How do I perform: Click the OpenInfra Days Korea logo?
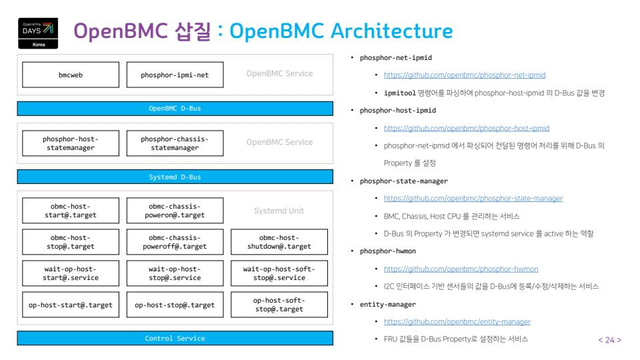pyautogui.click(x=37, y=32)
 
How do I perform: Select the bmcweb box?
pyautogui.click(x=71, y=75)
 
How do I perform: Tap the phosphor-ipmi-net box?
pyautogui.click(x=175, y=75)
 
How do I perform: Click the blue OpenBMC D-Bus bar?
pyautogui.click(x=175, y=108)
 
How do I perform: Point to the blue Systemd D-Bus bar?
pyautogui.click(x=175, y=177)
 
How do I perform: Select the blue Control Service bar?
pyautogui.click(x=175, y=338)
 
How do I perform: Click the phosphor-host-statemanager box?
pyautogui.click(x=71, y=143)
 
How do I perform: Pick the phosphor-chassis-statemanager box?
pyautogui.click(x=175, y=143)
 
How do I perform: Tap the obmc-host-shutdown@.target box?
pyautogui.click(x=279, y=242)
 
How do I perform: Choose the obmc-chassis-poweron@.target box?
pyautogui.click(x=175, y=211)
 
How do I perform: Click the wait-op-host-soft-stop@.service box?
pyautogui.click(x=279, y=273)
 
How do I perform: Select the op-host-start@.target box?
pyautogui.click(x=71, y=305)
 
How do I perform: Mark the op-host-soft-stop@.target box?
pyautogui.click(x=279, y=305)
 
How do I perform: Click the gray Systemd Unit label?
pyautogui.click(x=279, y=211)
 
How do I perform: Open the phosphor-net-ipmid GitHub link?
pyautogui.click(x=464, y=75)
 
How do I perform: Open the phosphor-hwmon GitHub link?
pyautogui.click(x=461, y=269)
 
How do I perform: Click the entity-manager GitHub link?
pyautogui.click(x=457, y=321)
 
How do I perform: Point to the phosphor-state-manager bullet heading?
pyautogui.click(x=403, y=181)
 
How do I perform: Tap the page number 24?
pyautogui.click(x=609, y=340)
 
